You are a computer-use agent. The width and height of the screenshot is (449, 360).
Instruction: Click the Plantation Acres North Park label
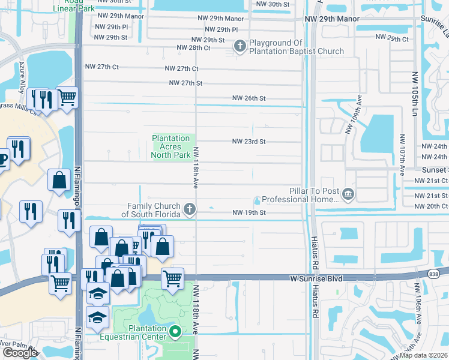click(x=171, y=146)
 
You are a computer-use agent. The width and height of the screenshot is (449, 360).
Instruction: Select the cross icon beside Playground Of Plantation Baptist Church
click(x=240, y=46)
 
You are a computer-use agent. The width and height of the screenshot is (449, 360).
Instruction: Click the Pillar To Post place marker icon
click(x=348, y=194)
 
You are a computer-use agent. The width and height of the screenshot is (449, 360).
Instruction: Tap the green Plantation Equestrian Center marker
click(x=175, y=332)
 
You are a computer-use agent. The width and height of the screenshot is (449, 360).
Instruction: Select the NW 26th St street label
click(x=249, y=98)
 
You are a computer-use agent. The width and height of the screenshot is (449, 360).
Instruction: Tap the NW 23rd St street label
click(x=249, y=142)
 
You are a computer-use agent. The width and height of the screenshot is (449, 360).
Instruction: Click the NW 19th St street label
click(x=249, y=212)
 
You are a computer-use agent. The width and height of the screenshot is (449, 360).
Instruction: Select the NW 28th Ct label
click(x=193, y=47)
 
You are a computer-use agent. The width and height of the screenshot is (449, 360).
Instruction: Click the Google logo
click(x=19, y=352)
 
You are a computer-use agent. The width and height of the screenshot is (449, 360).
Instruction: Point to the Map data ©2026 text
click(x=424, y=355)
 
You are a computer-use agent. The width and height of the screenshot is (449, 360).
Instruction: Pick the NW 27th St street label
click(x=185, y=83)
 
